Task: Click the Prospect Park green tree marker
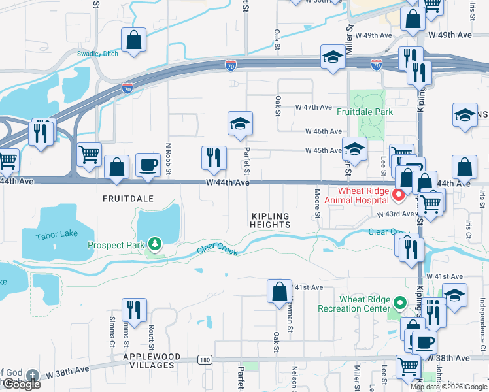click(x=155, y=244)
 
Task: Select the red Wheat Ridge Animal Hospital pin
click(x=397, y=195)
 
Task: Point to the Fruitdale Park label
click(x=365, y=112)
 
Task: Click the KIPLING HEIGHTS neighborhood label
click(x=271, y=220)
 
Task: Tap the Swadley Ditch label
click(x=97, y=54)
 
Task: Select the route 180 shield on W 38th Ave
click(x=205, y=360)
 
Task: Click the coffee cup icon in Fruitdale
click(x=148, y=165)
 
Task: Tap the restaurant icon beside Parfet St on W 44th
click(x=214, y=157)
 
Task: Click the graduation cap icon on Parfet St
click(x=240, y=123)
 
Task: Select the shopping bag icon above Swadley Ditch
click(x=134, y=40)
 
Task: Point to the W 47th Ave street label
click(x=314, y=106)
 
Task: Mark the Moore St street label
click(x=317, y=201)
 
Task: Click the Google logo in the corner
click(x=21, y=384)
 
